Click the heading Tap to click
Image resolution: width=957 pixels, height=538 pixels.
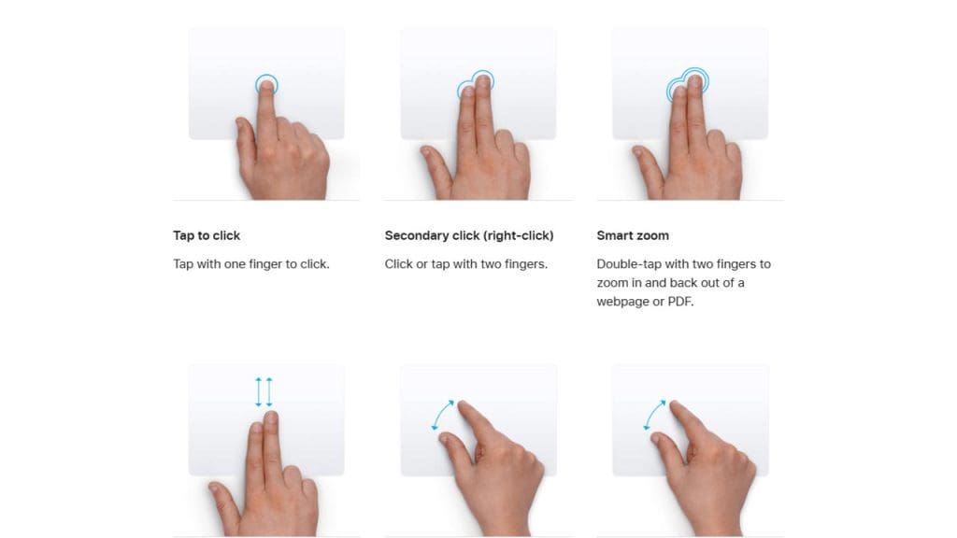(x=207, y=235)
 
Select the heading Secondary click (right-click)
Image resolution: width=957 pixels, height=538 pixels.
(x=469, y=235)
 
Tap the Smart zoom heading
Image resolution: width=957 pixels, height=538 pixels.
(x=633, y=235)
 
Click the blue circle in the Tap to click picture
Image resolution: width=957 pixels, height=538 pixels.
(x=266, y=84)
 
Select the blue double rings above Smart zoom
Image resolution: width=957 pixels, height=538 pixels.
(x=686, y=85)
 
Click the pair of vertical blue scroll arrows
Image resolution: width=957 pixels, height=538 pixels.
(x=264, y=391)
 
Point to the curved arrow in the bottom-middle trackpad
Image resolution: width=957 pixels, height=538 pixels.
(x=443, y=415)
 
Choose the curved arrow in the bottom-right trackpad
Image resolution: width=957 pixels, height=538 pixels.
(x=655, y=415)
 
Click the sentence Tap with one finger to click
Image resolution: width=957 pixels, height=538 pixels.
(x=251, y=264)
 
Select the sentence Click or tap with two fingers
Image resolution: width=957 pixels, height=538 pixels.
(x=466, y=264)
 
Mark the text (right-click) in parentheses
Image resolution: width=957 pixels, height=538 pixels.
(x=520, y=235)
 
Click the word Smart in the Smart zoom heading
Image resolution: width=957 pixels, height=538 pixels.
(x=614, y=235)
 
